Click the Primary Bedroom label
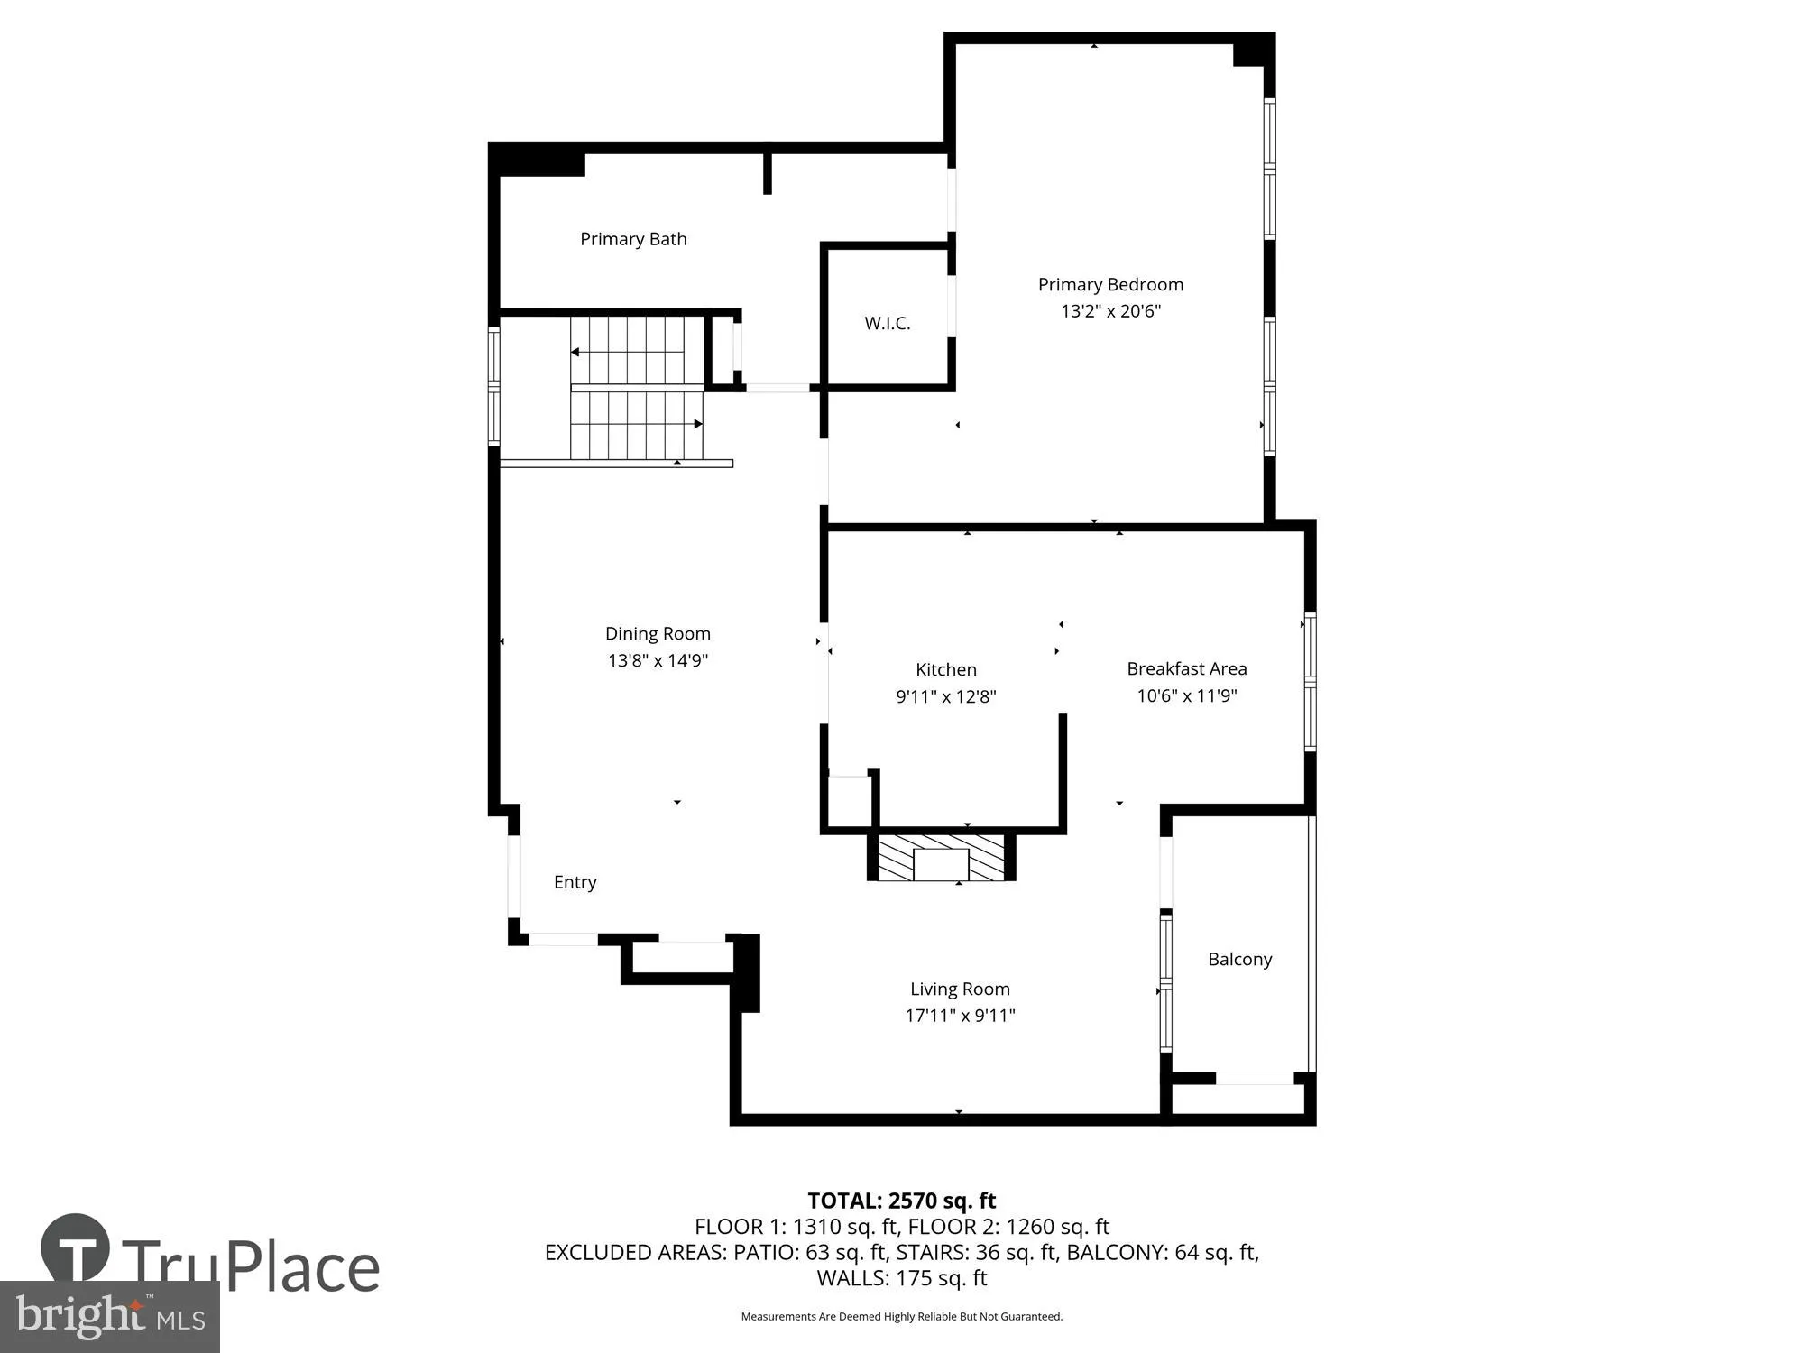pyautogui.click(x=1110, y=284)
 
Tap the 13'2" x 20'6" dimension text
pyautogui.click(x=1110, y=311)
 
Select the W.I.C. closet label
pyautogui.click(x=887, y=323)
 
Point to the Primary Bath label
pyautogui.click(x=633, y=239)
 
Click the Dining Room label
pyautogui.click(x=658, y=633)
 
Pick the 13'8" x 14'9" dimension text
pyautogui.click(x=658, y=660)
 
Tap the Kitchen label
pyautogui.click(x=945, y=669)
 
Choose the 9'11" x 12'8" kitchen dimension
pyautogui.click(x=945, y=696)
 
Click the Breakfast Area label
pyautogui.click(x=1186, y=668)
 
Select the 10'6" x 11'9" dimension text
pyautogui.click(x=1186, y=695)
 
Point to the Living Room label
pyautogui.click(x=960, y=989)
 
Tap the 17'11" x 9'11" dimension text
pyautogui.click(x=960, y=1016)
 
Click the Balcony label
pyautogui.click(x=1239, y=959)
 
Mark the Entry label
pyautogui.click(x=575, y=882)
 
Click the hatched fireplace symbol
pyautogui.click(x=941, y=858)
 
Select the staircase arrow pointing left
pyautogui.click(x=575, y=352)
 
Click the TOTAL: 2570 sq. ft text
pyautogui.click(x=901, y=1201)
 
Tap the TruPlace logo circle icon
pyautogui.click(x=75, y=1249)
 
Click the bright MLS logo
pyautogui.click(x=109, y=1317)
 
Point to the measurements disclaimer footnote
pyautogui.click(x=901, y=1317)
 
